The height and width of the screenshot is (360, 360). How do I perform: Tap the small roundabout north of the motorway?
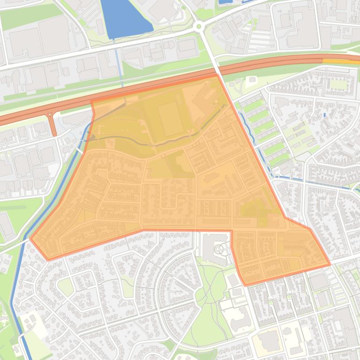click(200, 26)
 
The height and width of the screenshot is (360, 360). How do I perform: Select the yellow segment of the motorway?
click(339, 61)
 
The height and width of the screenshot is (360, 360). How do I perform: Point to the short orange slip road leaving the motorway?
click(53, 124)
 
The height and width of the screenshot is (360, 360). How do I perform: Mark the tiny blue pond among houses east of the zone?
click(324, 115)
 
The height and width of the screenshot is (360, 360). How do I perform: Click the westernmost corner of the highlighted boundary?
click(31, 239)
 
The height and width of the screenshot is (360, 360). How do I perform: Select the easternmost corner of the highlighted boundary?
click(330, 265)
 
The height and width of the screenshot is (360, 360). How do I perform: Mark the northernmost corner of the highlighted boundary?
click(217, 74)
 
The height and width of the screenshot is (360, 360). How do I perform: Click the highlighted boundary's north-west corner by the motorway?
click(91, 101)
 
